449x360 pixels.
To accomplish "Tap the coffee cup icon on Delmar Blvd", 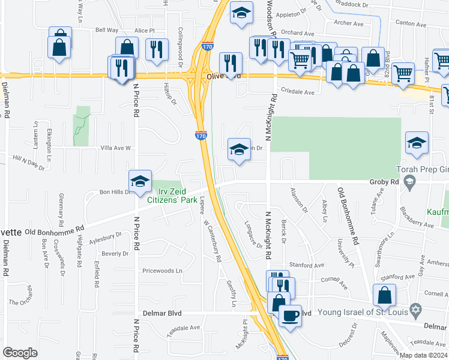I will pos(290,315).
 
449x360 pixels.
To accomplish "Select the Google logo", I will pos(20,353).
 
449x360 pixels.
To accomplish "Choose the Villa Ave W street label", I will pos(115,148).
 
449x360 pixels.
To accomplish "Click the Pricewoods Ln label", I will pos(161,271).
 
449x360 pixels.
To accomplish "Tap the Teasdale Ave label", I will pos(184,328).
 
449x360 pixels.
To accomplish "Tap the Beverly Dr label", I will pos(115,254).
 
